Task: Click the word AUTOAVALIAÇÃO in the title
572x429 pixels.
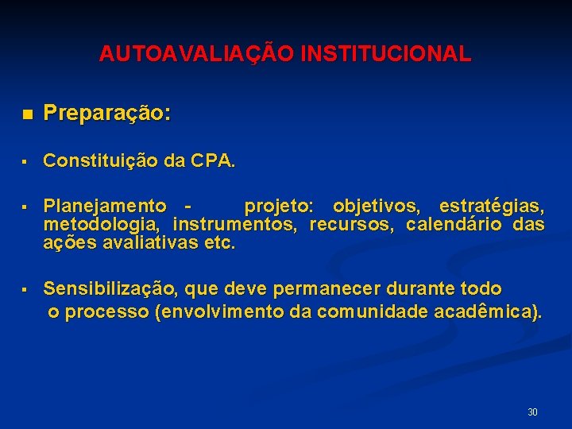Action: (187, 54)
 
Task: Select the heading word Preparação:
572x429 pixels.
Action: (107, 114)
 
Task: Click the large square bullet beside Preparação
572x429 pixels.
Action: (28, 114)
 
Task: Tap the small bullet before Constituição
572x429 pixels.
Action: (25, 162)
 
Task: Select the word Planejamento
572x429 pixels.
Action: (105, 207)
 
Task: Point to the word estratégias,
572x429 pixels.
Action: (492, 207)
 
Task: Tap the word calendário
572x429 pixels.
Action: (454, 225)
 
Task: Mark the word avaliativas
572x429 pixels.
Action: (151, 243)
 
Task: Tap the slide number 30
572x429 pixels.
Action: (532, 412)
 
